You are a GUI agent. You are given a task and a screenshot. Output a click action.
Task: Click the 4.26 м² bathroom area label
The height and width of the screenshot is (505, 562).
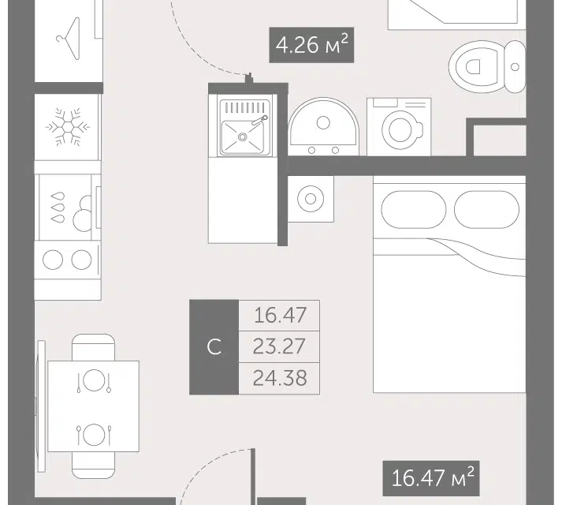click(x=312, y=45)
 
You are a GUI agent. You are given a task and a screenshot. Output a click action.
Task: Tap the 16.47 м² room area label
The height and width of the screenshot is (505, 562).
click(x=431, y=478)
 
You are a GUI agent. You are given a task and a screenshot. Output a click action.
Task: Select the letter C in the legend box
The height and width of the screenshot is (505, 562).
click(x=214, y=347)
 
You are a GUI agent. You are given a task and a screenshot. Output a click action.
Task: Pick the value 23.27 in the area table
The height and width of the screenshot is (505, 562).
click(x=279, y=346)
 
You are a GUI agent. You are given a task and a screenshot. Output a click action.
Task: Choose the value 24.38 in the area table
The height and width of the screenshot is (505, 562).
click(x=280, y=378)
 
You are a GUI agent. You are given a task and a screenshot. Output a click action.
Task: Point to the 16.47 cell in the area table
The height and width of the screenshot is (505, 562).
click(x=280, y=315)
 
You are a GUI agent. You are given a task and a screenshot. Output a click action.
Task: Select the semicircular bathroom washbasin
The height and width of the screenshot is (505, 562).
click(x=323, y=127)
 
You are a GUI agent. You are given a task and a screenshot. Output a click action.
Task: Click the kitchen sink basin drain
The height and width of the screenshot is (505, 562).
click(x=243, y=137)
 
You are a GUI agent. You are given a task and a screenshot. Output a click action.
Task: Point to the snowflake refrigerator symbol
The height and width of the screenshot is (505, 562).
click(x=67, y=127)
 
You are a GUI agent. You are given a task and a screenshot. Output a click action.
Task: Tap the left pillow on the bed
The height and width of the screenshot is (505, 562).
click(x=413, y=210)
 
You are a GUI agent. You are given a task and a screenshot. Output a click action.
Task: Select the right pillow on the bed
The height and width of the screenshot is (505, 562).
click(x=486, y=210)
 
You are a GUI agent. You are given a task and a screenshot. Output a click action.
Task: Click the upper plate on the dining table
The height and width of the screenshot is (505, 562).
click(x=94, y=380)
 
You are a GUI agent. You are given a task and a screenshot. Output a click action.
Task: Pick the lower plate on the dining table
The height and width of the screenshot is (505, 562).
click(x=94, y=434)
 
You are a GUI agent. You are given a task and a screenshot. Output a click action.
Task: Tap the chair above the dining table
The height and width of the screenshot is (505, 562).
click(x=94, y=347)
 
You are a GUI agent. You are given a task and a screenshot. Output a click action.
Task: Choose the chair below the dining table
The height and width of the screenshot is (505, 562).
click(x=94, y=466)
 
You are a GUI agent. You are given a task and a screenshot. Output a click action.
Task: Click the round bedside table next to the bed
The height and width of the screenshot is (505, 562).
click(x=311, y=199)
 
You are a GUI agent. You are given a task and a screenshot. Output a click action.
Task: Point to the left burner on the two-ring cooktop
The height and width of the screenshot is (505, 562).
click(x=53, y=260)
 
